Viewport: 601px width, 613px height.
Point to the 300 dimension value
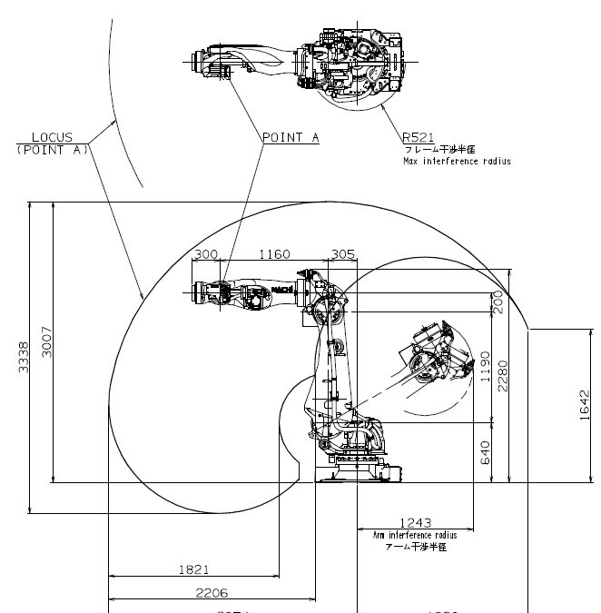coord(207,254)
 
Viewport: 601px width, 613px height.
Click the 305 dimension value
coord(343,254)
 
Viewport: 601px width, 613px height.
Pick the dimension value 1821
coord(193,569)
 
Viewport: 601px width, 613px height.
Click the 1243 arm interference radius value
coord(417,522)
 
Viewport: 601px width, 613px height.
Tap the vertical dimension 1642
coord(584,405)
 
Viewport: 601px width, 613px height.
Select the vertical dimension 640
coord(484,451)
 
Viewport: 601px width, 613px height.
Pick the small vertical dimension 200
coord(496,301)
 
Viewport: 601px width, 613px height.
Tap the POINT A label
coord(291,138)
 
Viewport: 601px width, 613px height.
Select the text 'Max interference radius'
coord(457,161)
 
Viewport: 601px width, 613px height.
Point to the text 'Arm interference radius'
coord(416,536)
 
